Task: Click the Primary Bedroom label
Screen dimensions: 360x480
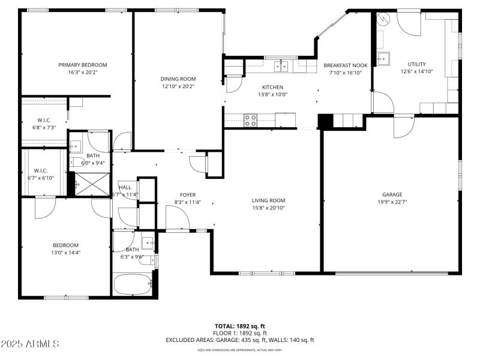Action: click(x=82, y=65)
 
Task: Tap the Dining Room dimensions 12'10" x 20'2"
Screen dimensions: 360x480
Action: click(x=178, y=86)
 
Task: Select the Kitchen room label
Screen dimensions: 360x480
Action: click(x=272, y=87)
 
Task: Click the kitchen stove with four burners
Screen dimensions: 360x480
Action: click(x=251, y=119)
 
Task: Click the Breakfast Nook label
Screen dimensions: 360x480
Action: click(x=345, y=65)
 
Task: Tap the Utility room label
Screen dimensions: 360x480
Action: click(x=416, y=64)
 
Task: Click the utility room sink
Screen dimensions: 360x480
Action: click(x=382, y=58)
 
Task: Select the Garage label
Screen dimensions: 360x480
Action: click(x=392, y=194)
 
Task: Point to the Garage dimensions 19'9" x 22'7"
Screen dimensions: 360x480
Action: click(x=392, y=202)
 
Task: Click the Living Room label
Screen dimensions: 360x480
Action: click(x=268, y=200)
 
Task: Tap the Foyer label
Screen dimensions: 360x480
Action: click(x=188, y=194)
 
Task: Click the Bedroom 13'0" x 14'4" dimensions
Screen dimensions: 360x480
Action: click(x=65, y=253)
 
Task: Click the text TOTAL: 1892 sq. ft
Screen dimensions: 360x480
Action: click(x=239, y=326)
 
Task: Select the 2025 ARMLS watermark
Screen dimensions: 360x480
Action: click(x=30, y=344)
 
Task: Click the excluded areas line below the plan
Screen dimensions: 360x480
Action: click(x=239, y=340)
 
